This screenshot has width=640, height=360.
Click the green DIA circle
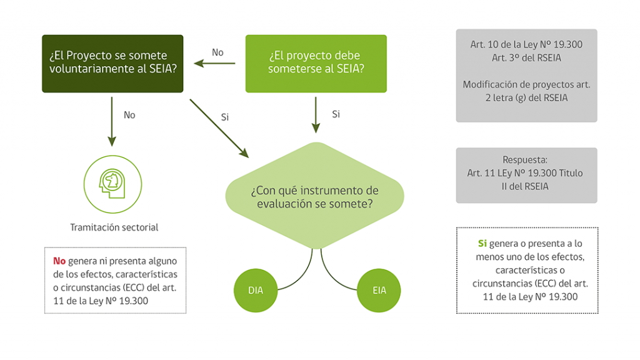pyautogui.click(x=256, y=290)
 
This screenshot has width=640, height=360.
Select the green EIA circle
pyautogui.click(x=379, y=290)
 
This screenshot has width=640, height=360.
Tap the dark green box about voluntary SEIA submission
pyautogui.click(x=112, y=64)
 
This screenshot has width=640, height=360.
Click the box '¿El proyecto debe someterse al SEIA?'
pyautogui.click(x=316, y=64)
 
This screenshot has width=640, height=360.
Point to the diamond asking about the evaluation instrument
pyautogui.click(x=315, y=196)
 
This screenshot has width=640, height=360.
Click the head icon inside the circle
pyautogui.click(x=112, y=183)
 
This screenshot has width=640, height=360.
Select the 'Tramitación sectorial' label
pyautogui.click(x=114, y=227)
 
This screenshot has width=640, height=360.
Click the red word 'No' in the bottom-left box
pyautogui.click(x=59, y=261)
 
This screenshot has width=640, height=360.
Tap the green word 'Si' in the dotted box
pyautogui.click(x=482, y=243)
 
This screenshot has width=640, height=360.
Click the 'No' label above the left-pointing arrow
pyautogui.click(x=217, y=52)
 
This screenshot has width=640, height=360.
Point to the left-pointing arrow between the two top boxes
pyautogui.click(x=215, y=63)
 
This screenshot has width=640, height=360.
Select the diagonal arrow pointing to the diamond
pyautogui.click(x=219, y=128)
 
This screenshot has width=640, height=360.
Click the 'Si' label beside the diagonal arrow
pyautogui.click(x=225, y=117)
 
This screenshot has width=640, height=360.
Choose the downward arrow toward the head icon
pyautogui.click(x=112, y=121)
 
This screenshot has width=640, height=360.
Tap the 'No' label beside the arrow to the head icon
pyautogui.click(x=129, y=115)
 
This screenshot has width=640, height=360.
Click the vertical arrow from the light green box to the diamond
pyautogui.click(x=316, y=115)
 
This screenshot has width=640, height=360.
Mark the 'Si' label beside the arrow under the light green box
pyautogui.click(x=336, y=114)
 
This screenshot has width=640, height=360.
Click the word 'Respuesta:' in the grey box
pyautogui.click(x=525, y=159)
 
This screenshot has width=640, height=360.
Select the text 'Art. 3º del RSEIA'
pyautogui.click(x=526, y=58)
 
